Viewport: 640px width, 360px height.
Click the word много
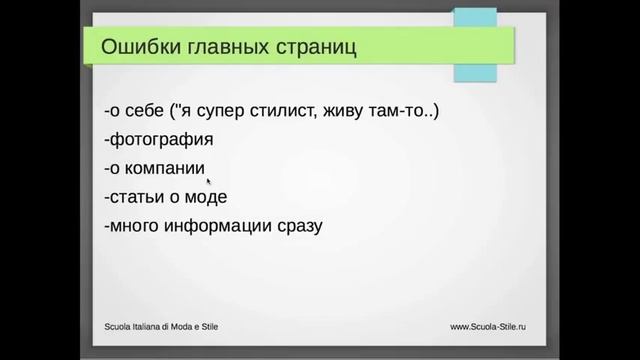140,226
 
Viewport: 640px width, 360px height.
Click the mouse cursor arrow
209,181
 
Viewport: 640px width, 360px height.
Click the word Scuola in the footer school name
122,326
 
